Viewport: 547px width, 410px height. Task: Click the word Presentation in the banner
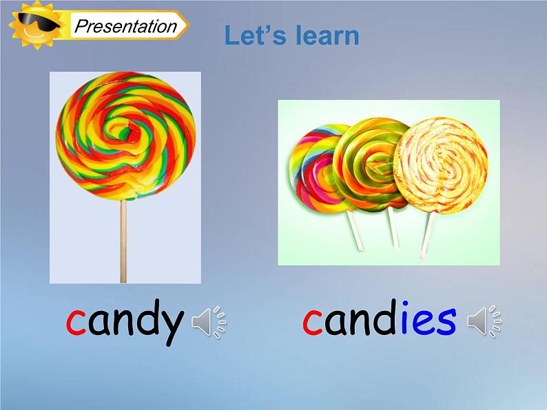click(126, 27)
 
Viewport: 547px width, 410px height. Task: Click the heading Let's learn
click(291, 36)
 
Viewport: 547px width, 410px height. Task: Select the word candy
click(125, 321)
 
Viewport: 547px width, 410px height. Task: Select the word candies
click(380, 319)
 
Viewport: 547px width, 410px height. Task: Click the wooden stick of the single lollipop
click(123, 241)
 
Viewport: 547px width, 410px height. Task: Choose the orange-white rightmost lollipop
click(442, 165)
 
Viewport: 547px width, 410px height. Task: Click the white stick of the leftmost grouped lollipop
click(356, 230)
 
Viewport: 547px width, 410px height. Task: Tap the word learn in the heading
click(327, 36)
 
